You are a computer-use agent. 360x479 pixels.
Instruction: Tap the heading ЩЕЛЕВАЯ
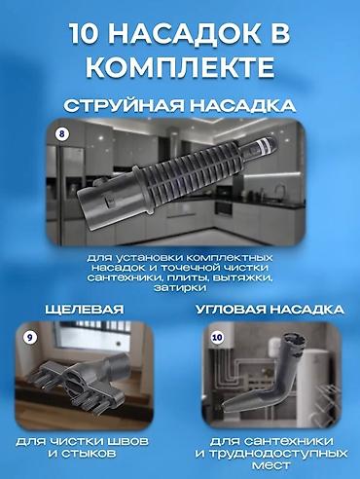coord(86,309)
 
